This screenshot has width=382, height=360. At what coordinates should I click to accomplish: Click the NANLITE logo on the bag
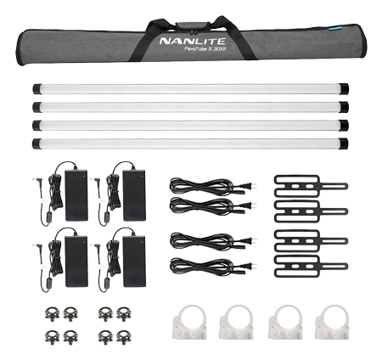tap(193, 41)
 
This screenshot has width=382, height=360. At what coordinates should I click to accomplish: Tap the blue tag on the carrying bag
tap(336, 28)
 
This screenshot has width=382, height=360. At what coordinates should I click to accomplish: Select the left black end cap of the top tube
tap(37, 89)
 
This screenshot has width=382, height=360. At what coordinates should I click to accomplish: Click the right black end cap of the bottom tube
tap(344, 143)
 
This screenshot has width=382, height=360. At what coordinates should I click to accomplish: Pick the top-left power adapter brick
tap(76, 195)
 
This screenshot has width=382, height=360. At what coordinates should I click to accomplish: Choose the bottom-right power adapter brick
tap(134, 262)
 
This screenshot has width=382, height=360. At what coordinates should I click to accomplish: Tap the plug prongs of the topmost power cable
tap(254, 186)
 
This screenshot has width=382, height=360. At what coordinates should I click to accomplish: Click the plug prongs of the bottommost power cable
tap(254, 266)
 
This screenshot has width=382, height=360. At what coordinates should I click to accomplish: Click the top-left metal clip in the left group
tap(52, 314)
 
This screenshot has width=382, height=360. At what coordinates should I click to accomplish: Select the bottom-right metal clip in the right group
tap(124, 337)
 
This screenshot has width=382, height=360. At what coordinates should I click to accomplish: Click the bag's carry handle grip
tap(193, 25)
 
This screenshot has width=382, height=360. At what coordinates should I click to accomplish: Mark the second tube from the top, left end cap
tap(37, 107)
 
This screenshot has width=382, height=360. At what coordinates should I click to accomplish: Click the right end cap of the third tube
tap(344, 125)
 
